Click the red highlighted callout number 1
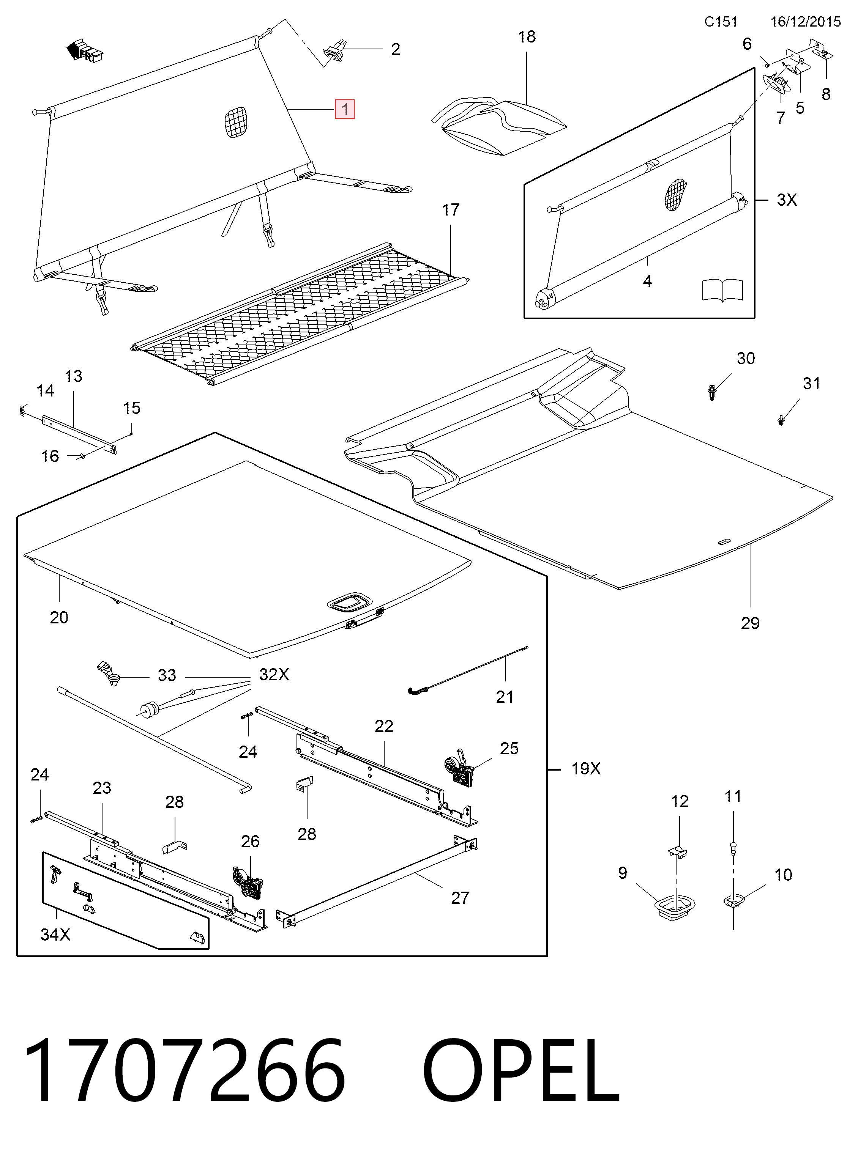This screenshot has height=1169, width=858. coord(345,109)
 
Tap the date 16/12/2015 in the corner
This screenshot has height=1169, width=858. coord(806,22)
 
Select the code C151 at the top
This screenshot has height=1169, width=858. coord(721,22)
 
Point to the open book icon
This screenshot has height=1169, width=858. coord(722,290)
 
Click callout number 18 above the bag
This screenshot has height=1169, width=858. coord(527,37)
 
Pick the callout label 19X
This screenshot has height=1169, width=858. coord(586,769)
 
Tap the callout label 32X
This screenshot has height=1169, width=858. coord(274,675)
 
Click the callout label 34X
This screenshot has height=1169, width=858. coord(55,935)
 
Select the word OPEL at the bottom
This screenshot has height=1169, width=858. coord(521,1071)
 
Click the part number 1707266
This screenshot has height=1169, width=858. coord(185,1071)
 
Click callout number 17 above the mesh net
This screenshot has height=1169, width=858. coord(451,210)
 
